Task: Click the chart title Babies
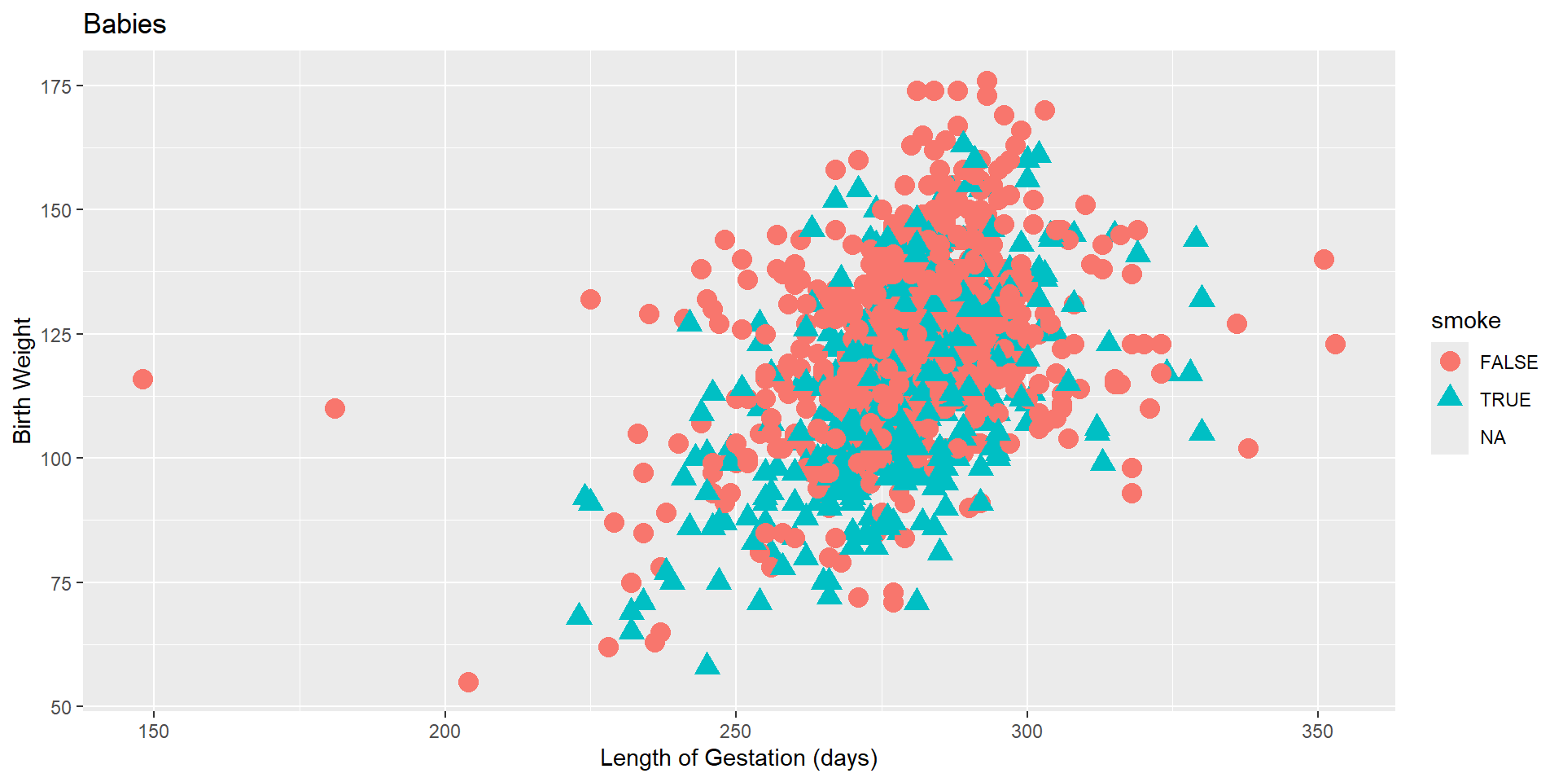pos(125,24)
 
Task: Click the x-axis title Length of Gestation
pos(738,758)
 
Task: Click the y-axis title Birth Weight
pos(22,380)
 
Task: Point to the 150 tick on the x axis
pos(154,731)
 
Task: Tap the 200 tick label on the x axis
pos(444,731)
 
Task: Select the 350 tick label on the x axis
pos(1317,731)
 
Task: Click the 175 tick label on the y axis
pos(56,86)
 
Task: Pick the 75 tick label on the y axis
pos(61,583)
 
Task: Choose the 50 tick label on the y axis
pos(61,707)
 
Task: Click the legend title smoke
pos(1465,321)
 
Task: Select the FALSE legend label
pos(1508,362)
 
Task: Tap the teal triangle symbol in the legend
pos(1450,398)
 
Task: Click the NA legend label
pos(1492,437)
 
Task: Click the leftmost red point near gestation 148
pos(142,379)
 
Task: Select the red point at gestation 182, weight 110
pos(335,408)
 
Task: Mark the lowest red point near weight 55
pos(468,682)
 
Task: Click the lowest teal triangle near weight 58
pos(707,665)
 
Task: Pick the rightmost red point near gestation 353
pos(1335,344)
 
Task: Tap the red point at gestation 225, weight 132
pos(590,299)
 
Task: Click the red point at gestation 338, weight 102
pos(1248,448)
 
